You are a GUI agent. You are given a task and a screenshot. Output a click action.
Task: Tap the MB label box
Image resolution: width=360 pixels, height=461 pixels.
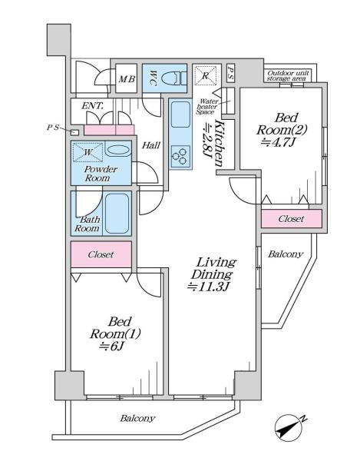(x=127, y=78)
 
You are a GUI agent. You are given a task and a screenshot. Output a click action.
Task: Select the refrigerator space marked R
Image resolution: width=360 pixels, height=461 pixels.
(x=205, y=75)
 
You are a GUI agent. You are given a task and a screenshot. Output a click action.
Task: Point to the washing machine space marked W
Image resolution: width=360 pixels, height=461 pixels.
(x=88, y=152)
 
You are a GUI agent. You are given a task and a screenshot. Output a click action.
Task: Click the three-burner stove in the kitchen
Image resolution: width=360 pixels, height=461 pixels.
(x=180, y=157)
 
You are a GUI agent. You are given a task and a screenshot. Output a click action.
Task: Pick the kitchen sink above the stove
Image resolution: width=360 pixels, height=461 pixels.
(x=180, y=114)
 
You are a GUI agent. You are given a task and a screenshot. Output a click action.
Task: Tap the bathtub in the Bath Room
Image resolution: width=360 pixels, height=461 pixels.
(x=117, y=214)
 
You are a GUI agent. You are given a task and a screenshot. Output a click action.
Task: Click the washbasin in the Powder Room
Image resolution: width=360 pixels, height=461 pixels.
(x=117, y=151)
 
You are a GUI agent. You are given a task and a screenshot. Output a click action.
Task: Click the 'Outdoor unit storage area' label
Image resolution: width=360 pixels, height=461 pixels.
(x=288, y=75)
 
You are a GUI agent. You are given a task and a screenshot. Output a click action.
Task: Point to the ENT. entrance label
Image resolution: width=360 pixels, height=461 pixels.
(x=92, y=106)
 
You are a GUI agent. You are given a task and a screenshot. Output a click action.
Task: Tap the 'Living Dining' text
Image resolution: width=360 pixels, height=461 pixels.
(x=214, y=268)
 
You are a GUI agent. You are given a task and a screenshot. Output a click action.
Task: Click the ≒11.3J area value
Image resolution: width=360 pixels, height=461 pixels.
(x=208, y=287)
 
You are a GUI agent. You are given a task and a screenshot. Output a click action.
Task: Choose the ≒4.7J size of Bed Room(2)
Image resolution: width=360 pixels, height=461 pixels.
(x=277, y=142)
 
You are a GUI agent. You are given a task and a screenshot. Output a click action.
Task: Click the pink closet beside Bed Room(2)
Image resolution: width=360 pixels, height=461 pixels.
(x=291, y=219)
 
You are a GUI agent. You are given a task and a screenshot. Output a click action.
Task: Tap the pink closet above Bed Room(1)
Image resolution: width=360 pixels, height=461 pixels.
(x=101, y=254)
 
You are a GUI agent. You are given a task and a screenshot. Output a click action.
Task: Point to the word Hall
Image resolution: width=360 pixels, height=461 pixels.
(x=151, y=145)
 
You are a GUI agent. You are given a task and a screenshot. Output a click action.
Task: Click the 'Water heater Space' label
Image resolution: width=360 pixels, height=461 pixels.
(x=207, y=107)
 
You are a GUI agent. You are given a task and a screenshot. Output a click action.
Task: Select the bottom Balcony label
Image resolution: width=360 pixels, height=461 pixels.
(x=137, y=419)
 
